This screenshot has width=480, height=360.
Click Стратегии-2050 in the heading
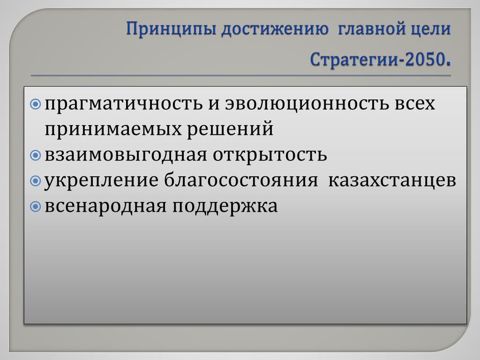[x=377, y=59]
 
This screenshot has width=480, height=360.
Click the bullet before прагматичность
[x=36, y=105]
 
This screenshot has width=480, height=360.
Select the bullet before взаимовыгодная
[x=36, y=156]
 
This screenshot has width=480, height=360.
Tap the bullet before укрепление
[x=36, y=181]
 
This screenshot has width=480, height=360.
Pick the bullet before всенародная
[x=36, y=207]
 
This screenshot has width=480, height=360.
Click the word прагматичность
[x=124, y=105]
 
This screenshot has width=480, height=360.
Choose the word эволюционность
[x=307, y=104]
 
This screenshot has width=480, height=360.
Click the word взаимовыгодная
[x=126, y=155]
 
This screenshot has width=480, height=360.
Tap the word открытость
[x=270, y=155]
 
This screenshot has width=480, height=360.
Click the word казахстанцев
[x=392, y=180]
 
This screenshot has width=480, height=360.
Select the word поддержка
[x=225, y=207]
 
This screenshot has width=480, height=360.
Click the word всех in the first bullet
[x=414, y=104]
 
